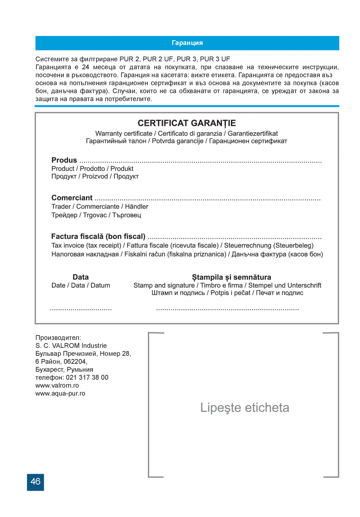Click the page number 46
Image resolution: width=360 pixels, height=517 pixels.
[x=35, y=482]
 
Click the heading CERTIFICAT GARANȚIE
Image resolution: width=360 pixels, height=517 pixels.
[x=187, y=123]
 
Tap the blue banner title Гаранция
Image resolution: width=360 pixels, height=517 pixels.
[x=187, y=43]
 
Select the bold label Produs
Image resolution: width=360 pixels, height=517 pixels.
[x=64, y=160]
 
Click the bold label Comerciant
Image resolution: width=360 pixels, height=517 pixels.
[x=72, y=198]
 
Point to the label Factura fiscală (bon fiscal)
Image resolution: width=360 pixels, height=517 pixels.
[x=98, y=236]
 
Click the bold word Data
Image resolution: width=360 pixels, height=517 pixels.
[x=81, y=277]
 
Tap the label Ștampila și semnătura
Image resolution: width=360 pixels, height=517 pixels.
[x=231, y=277]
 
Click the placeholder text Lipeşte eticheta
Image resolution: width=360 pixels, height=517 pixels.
[x=245, y=407]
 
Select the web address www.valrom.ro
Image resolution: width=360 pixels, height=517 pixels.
[x=57, y=385]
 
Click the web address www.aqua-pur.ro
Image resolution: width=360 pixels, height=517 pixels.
[x=60, y=393]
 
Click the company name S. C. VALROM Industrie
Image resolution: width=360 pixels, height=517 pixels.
[x=71, y=345]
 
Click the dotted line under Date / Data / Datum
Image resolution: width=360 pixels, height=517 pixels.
[x=81, y=309]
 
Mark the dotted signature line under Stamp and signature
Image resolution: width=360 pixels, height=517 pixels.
[x=227, y=309]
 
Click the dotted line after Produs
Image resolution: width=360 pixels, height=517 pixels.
[x=200, y=161]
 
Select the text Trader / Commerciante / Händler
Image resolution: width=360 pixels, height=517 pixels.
[x=100, y=206]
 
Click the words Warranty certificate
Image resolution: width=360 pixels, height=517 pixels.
[x=124, y=133]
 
